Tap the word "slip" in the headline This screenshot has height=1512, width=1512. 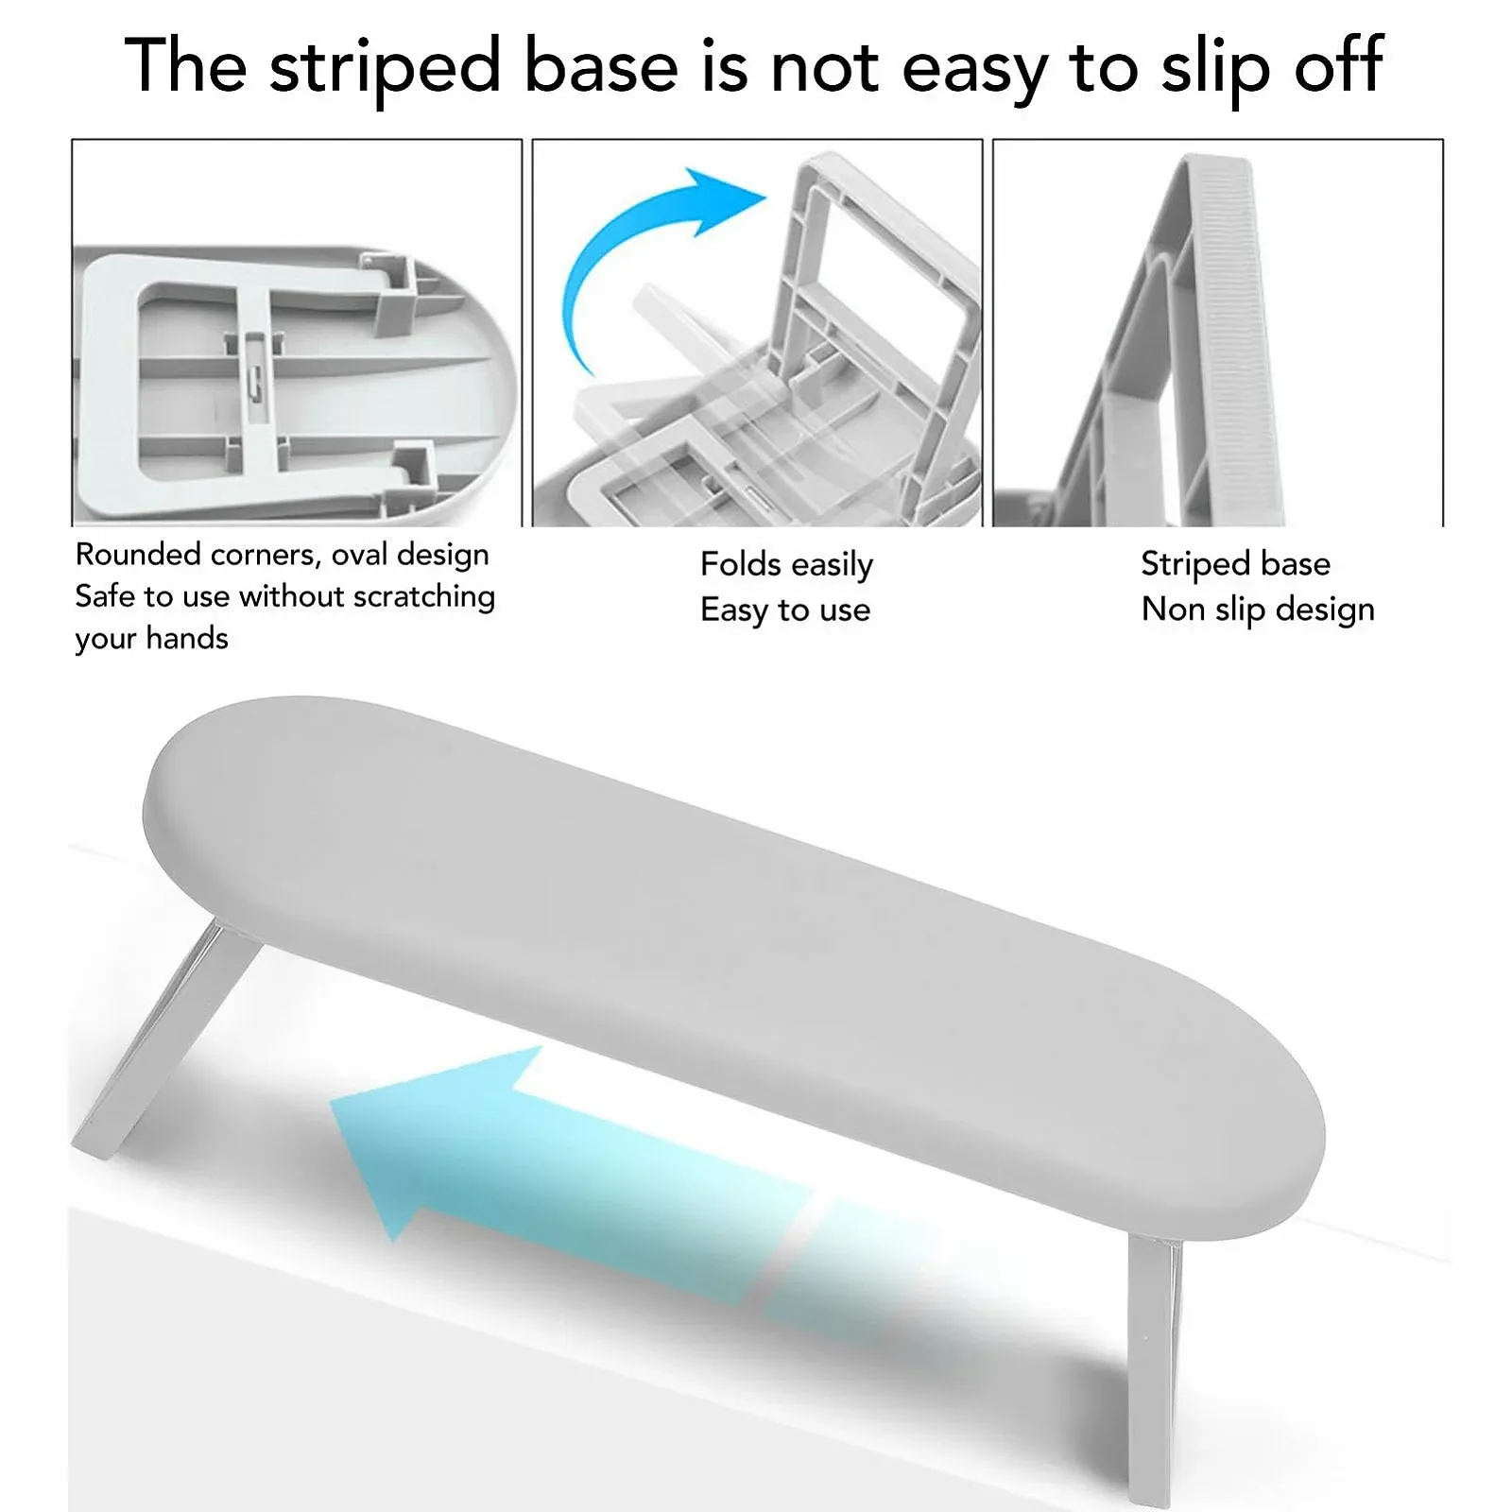(x=1214, y=68)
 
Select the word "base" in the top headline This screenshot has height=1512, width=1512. (x=601, y=68)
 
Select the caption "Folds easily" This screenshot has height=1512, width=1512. (x=786, y=564)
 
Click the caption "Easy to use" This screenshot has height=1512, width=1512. (x=785, y=610)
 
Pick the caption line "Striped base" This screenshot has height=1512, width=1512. (x=1236, y=563)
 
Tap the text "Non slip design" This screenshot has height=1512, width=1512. (x=1258, y=610)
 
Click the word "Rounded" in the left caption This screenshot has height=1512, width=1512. (x=138, y=554)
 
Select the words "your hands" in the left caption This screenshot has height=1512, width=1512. (x=151, y=638)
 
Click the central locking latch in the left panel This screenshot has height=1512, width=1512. (x=254, y=378)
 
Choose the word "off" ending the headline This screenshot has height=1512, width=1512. (x=1339, y=68)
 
